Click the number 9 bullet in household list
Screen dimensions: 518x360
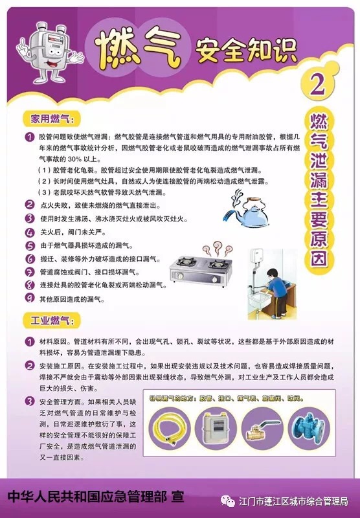(29, 298)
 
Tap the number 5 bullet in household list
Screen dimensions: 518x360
(29, 245)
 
